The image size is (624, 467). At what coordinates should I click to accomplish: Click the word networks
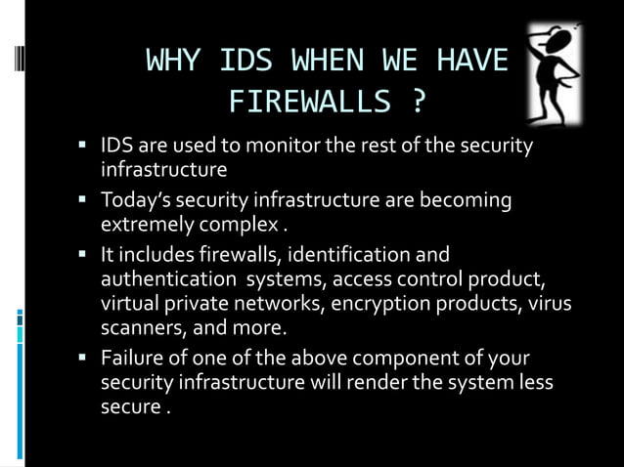[x=281, y=302]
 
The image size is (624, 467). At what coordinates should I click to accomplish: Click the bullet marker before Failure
[x=84, y=359]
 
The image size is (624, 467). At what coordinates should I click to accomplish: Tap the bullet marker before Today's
[x=84, y=202]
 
